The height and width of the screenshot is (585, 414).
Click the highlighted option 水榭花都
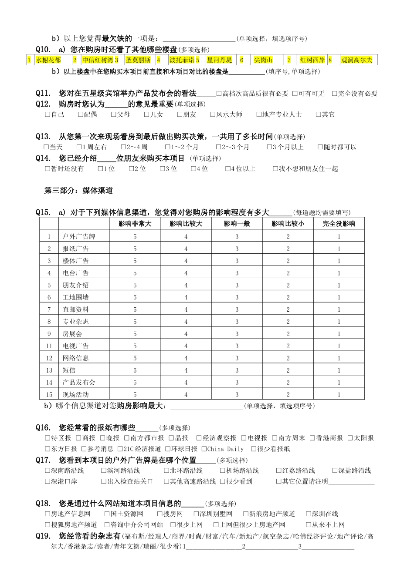click(48, 60)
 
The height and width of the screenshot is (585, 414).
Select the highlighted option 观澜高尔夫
click(356, 60)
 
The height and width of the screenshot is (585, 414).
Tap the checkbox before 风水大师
click(213, 114)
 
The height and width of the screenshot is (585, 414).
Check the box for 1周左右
click(79, 147)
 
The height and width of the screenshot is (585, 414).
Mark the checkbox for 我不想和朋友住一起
click(275, 169)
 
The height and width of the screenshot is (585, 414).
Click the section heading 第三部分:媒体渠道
click(79, 191)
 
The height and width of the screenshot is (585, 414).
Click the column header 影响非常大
click(135, 224)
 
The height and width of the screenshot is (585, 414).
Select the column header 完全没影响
click(339, 224)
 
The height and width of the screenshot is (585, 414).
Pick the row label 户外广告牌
click(79, 237)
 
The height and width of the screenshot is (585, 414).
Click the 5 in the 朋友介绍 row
click(135, 286)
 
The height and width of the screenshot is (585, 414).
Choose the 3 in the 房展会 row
click(237, 334)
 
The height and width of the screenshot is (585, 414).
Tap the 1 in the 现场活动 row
click(339, 395)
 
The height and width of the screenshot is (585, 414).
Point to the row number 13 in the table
click(49, 370)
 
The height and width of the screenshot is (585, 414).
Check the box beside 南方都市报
click(127, 438)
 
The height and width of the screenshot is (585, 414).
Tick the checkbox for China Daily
click(204, 449)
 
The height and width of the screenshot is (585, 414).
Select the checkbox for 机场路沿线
click(223, 471)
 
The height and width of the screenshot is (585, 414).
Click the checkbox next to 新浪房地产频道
click(246, 514)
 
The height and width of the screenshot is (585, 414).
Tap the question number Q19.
click(43, 536)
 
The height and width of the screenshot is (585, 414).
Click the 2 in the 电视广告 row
click(288, 346)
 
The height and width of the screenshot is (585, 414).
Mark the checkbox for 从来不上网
click(309, 525)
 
